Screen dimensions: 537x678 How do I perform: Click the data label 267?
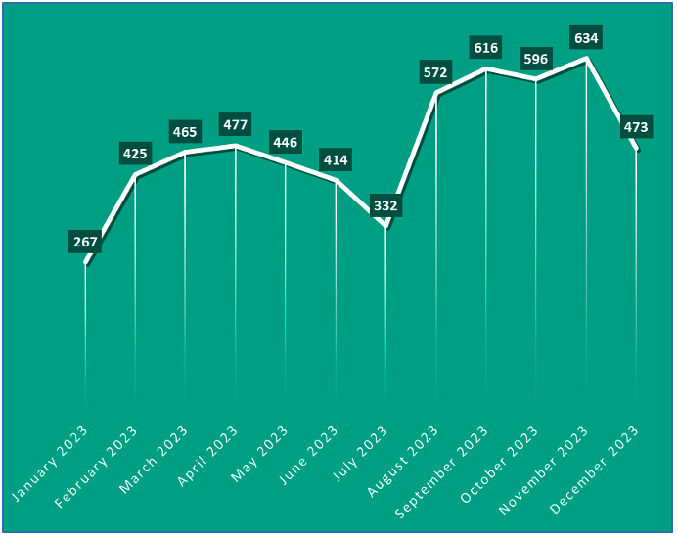click(x=85, y=243)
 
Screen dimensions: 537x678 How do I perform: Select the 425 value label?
click(x=135, y=154)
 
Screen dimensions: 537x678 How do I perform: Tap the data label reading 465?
click(x=185, y=132)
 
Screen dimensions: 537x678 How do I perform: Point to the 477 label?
click(x=235, y=124)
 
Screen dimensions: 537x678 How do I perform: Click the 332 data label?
click(x=385, y=206)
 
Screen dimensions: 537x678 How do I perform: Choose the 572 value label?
click(x=435, y=72)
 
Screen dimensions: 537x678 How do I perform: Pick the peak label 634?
click(x=586, y=38)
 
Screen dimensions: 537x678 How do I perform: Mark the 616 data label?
click(x=486, y=47)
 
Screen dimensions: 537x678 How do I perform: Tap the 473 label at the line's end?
click(x=636, y=127)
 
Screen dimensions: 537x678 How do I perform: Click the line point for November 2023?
click(x=586, y=60)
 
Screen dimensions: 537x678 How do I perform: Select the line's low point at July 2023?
click(x=385, y=228)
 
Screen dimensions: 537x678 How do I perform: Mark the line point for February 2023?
click(x=135, y=176)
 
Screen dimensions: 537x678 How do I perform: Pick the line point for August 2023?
click(x=435, y=94)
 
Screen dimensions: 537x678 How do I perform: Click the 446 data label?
click(x=285, y=142)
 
